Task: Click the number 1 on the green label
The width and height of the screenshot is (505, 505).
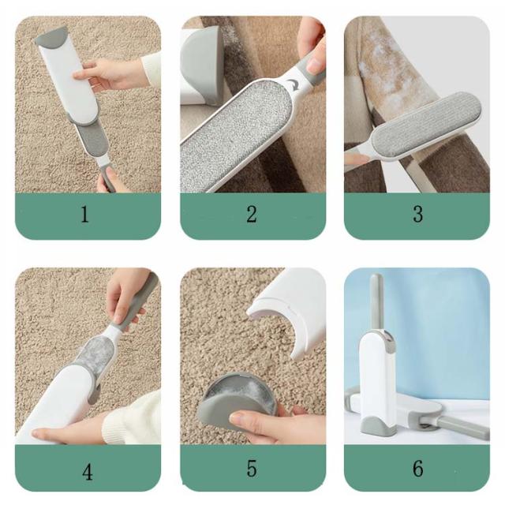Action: [84, 214]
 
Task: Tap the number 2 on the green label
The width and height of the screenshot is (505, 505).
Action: [252, 214]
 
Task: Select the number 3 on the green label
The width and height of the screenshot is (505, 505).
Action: [417, 214]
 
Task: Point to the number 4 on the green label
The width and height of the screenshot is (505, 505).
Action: [88, 472]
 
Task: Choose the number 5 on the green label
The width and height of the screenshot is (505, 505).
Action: [252, 468]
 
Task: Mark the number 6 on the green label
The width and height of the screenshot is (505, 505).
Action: [418, 468]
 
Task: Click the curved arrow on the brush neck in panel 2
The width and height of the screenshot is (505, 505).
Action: [294, 84]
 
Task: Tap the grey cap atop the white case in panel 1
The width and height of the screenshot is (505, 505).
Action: [51, 36]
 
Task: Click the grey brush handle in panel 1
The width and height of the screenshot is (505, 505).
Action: [107, 178]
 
